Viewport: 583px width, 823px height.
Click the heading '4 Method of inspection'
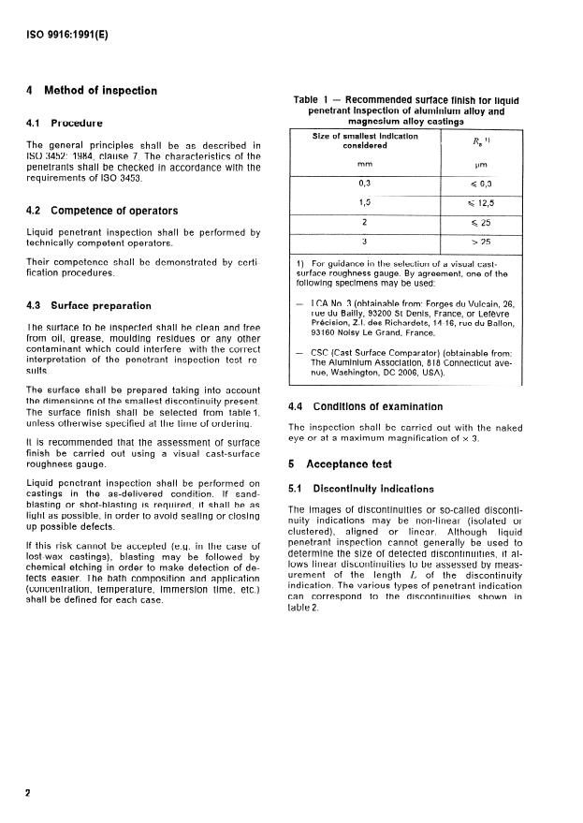pos(92,91)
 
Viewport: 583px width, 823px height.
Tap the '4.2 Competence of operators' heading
pos(103,211)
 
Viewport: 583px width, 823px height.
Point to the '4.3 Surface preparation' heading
pos(89,305)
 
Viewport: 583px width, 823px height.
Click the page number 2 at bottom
pos(29,792)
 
